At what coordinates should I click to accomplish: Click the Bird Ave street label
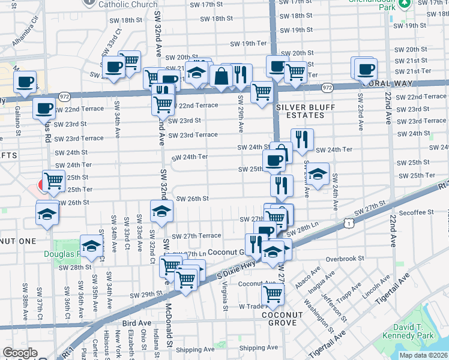tap(137, 323)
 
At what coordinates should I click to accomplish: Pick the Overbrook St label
tap(346, 260)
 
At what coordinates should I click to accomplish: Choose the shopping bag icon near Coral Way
tap(221, 76)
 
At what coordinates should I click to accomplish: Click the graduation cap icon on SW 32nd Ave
tap(161, 211)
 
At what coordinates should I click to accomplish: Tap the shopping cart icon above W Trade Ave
tap(273, 294)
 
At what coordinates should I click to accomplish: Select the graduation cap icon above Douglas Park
tap(91, 245)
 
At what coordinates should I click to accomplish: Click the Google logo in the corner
tap(20, 353)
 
